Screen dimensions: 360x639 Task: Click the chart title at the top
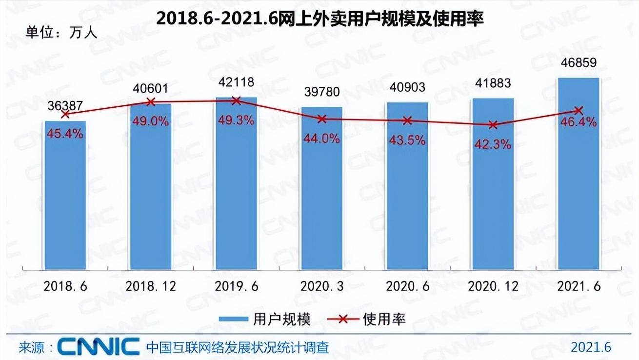click(x=319, y=20)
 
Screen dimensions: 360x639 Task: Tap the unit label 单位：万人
click(x=61, y=32)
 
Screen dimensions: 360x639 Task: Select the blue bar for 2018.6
click(x=65, y=195)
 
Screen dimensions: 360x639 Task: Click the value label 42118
click(x=236, y=82)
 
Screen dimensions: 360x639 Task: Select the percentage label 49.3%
click(x=236, y=120)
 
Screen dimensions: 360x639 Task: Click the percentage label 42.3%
click(x=493, y=144)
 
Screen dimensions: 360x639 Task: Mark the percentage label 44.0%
click(x=322, y=139)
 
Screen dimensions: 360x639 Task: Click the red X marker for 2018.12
click(x=151, y=102)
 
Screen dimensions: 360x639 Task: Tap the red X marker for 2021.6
click(x=579, y=111)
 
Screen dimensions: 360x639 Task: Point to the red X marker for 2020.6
click(x=407, y=120)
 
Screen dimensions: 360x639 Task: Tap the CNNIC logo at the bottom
click(x=99, y=347)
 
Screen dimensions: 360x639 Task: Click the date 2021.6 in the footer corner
click(x=591, y=347)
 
